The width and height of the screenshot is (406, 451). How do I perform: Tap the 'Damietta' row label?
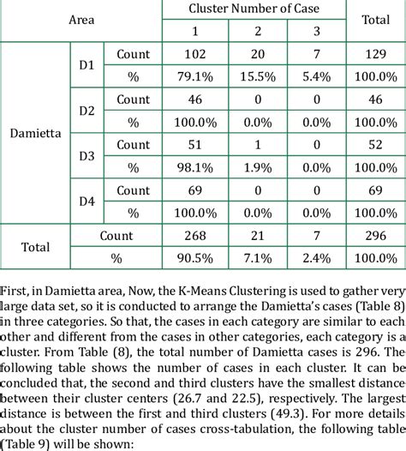tap(34, 134)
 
